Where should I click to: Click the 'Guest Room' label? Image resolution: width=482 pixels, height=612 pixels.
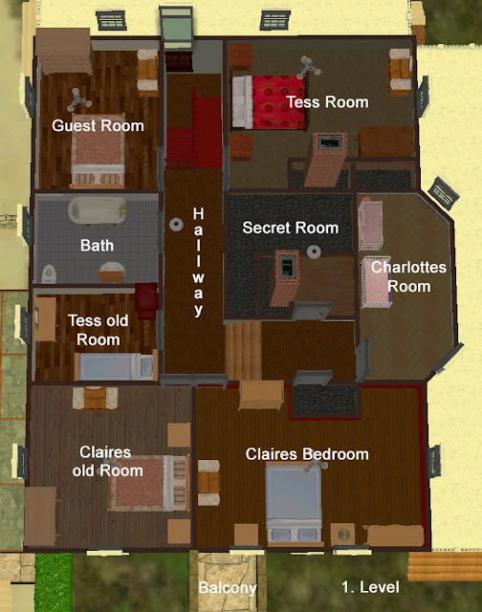pyautogui.click(x=98, y=125)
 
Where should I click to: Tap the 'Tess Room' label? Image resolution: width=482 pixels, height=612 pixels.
pyautogui.click(x=327, y=101)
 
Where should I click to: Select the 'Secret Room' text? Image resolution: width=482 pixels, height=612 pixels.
pyautogui.click(x=290, y=228)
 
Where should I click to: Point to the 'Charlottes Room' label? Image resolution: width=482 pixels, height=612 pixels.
pyautogui.click(x=408, y=274)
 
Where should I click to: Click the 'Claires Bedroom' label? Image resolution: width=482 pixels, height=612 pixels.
pyautogui.click(x=307, y=454)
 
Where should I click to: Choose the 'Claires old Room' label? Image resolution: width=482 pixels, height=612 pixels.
pyautogui.click(x=108, y=461)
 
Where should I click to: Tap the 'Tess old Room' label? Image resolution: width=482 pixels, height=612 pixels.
pyautogui.click(x=93, y=330)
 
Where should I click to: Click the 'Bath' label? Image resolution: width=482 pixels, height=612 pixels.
pyautogui.click(x=97, y=246)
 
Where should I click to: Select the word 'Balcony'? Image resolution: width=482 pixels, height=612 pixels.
pyautogui.click(x=227, y=588)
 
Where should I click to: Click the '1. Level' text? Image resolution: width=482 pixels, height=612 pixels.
pyautogui.click(x=374, y=585)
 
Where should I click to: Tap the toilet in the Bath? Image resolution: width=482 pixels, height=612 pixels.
pyautogui.click(x=52, y=273)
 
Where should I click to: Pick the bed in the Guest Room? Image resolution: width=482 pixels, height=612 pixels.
pyautogui.click(x=97, y=157)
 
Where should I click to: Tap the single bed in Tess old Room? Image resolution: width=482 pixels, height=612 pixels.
pyautogui.click(x=115, y=366)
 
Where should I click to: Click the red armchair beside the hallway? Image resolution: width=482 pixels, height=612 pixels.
pyautogui.click(x=146, y=298)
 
